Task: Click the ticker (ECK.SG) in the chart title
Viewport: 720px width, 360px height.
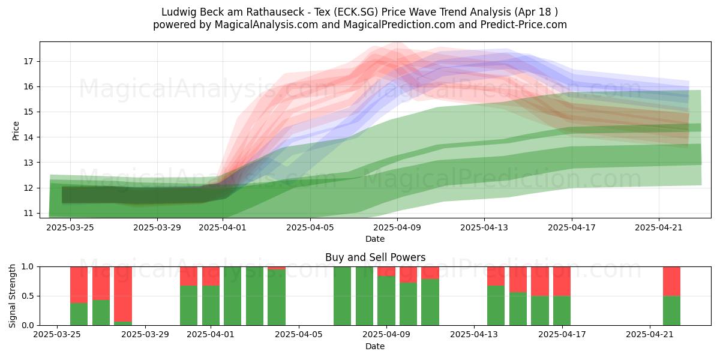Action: [x=356, y=12]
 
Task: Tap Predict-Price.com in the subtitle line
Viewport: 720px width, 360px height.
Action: [x=524, y=25]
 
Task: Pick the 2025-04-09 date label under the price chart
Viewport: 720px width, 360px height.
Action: [x=397, y=227]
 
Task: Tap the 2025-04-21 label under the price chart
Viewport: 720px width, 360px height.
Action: [x=659, y=227]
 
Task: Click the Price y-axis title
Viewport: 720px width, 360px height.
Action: [x=16, y=131]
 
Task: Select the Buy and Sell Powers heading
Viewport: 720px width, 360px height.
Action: [x=375, y=257]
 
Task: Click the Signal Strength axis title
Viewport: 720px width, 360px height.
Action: [x=12, y=296]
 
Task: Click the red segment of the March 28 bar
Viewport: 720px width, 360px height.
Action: [x=123, y=294]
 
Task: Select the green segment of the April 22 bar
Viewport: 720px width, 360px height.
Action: [x=672, y=311]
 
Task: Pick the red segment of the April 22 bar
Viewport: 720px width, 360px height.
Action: [x=672, y=281]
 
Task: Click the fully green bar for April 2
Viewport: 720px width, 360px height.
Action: [x=232, y=296]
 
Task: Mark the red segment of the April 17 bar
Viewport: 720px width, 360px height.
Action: [x=562, y=281]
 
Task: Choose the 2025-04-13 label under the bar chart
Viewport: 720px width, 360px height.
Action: [x=474, y=335]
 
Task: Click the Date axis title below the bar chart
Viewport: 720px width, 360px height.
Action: [x=375, y=346]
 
